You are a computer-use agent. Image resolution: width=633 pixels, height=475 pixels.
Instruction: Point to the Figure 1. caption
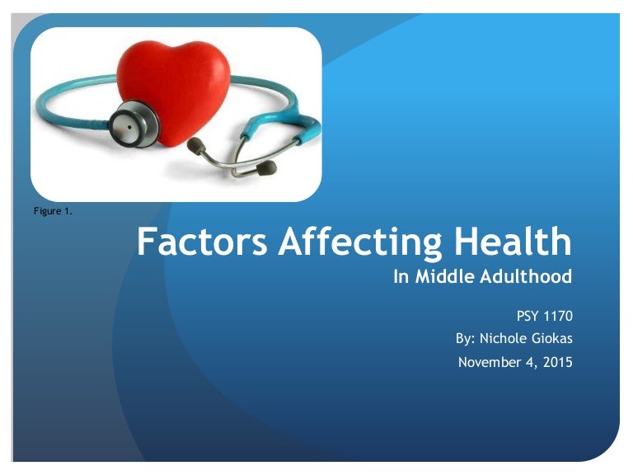[53, 212]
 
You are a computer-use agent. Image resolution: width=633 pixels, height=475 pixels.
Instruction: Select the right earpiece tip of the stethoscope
[265, 168]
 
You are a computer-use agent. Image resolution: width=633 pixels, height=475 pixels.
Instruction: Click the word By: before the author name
[467, 338]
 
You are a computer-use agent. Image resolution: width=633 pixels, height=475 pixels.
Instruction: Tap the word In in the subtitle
[401, 277]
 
